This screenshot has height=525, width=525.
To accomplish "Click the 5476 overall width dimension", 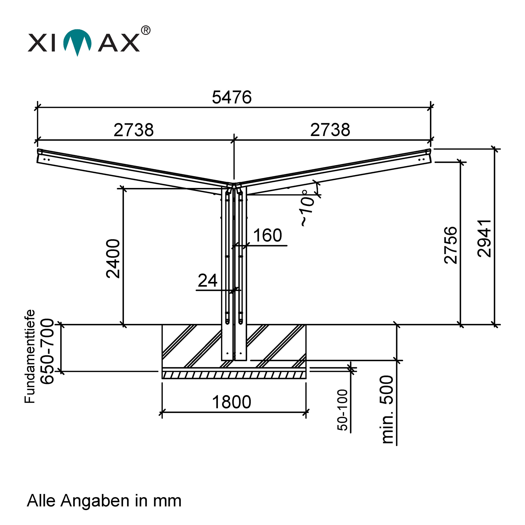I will click(232, 97).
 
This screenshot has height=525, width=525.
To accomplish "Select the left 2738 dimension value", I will click(133, 130).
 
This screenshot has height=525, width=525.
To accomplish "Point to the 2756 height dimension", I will click(450, 245).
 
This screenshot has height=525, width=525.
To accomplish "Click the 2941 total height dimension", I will click(484, 238).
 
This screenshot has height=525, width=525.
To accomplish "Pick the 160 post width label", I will click(267, 235).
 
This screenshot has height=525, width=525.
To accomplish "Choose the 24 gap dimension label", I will click(207, 280).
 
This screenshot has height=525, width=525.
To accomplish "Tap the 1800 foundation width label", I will click(232, 402).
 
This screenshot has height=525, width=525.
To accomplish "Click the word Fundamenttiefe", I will click(30, 356).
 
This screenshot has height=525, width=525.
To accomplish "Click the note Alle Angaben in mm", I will click(104, 501).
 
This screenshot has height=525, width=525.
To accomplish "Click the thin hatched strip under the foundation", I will click(234, 375).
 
